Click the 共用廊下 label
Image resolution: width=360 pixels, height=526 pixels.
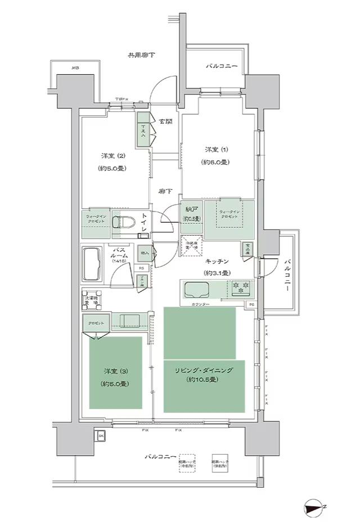[141, 55]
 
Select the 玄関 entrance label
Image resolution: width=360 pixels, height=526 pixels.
[165, 122]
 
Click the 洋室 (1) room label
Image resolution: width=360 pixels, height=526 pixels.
[216, 150]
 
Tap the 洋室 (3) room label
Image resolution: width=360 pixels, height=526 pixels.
[114, 371]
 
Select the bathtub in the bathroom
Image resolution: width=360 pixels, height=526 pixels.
[93, 264]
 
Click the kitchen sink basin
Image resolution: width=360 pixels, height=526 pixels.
[196, 291]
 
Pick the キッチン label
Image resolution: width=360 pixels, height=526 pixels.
[215, 262]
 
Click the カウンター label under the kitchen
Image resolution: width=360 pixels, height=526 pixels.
[200, 304]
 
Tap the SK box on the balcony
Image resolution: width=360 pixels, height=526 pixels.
[101, 436]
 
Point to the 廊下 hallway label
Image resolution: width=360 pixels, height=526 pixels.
[165, 192]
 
